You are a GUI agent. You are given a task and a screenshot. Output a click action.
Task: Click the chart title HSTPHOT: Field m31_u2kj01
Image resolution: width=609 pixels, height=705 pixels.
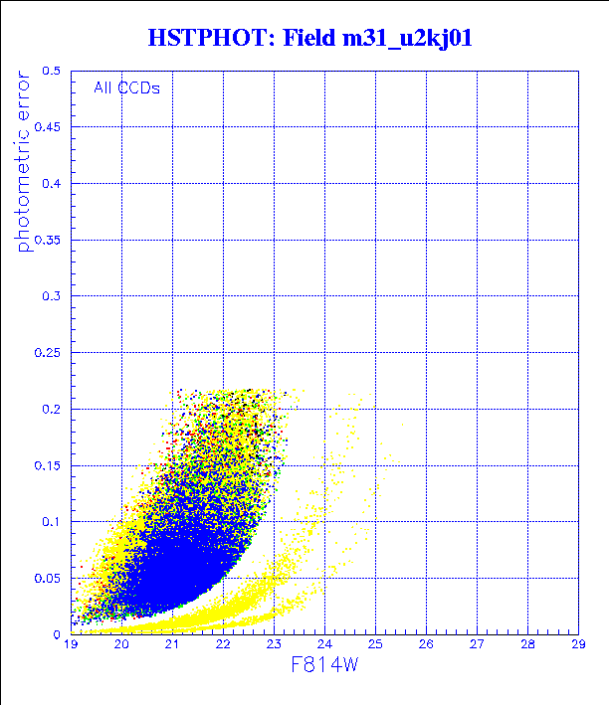[x=309, y=39]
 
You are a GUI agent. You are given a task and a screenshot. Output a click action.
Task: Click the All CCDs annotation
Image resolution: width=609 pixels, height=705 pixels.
[x=126, y=88]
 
